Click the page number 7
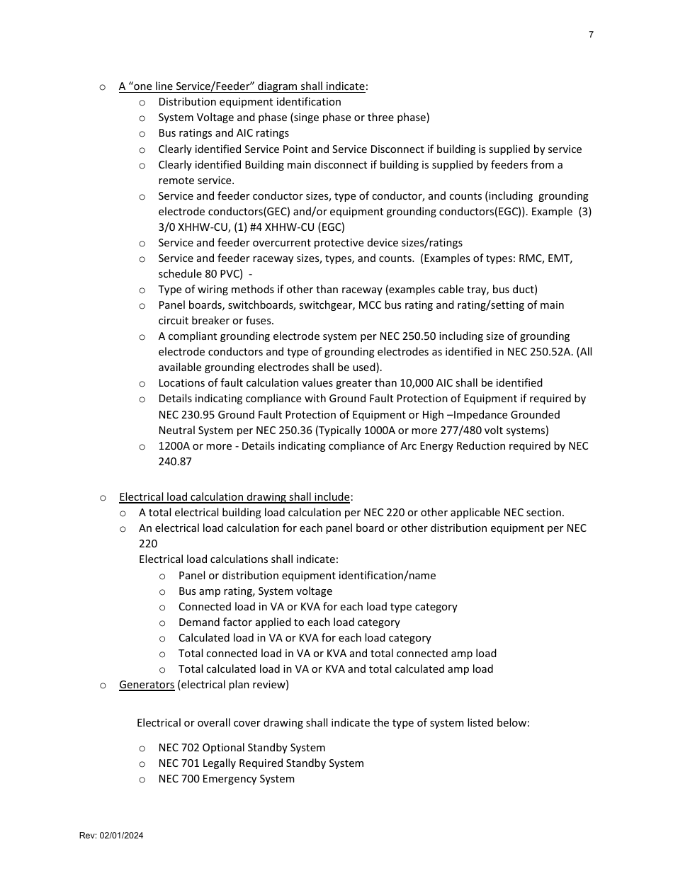tap(591, 35)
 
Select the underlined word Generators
tap(147, 685)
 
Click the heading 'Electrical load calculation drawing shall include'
tap(234, 497)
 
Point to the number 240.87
tap(175, 462)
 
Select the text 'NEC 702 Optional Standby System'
tap(242, 748)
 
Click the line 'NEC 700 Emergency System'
tap(226, 779)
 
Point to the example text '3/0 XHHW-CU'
tap(190, 227)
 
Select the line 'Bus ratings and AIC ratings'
tap(223, 133)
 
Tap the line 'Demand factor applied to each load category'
tap(289, 622)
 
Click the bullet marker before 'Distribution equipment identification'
tap(142, 103)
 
